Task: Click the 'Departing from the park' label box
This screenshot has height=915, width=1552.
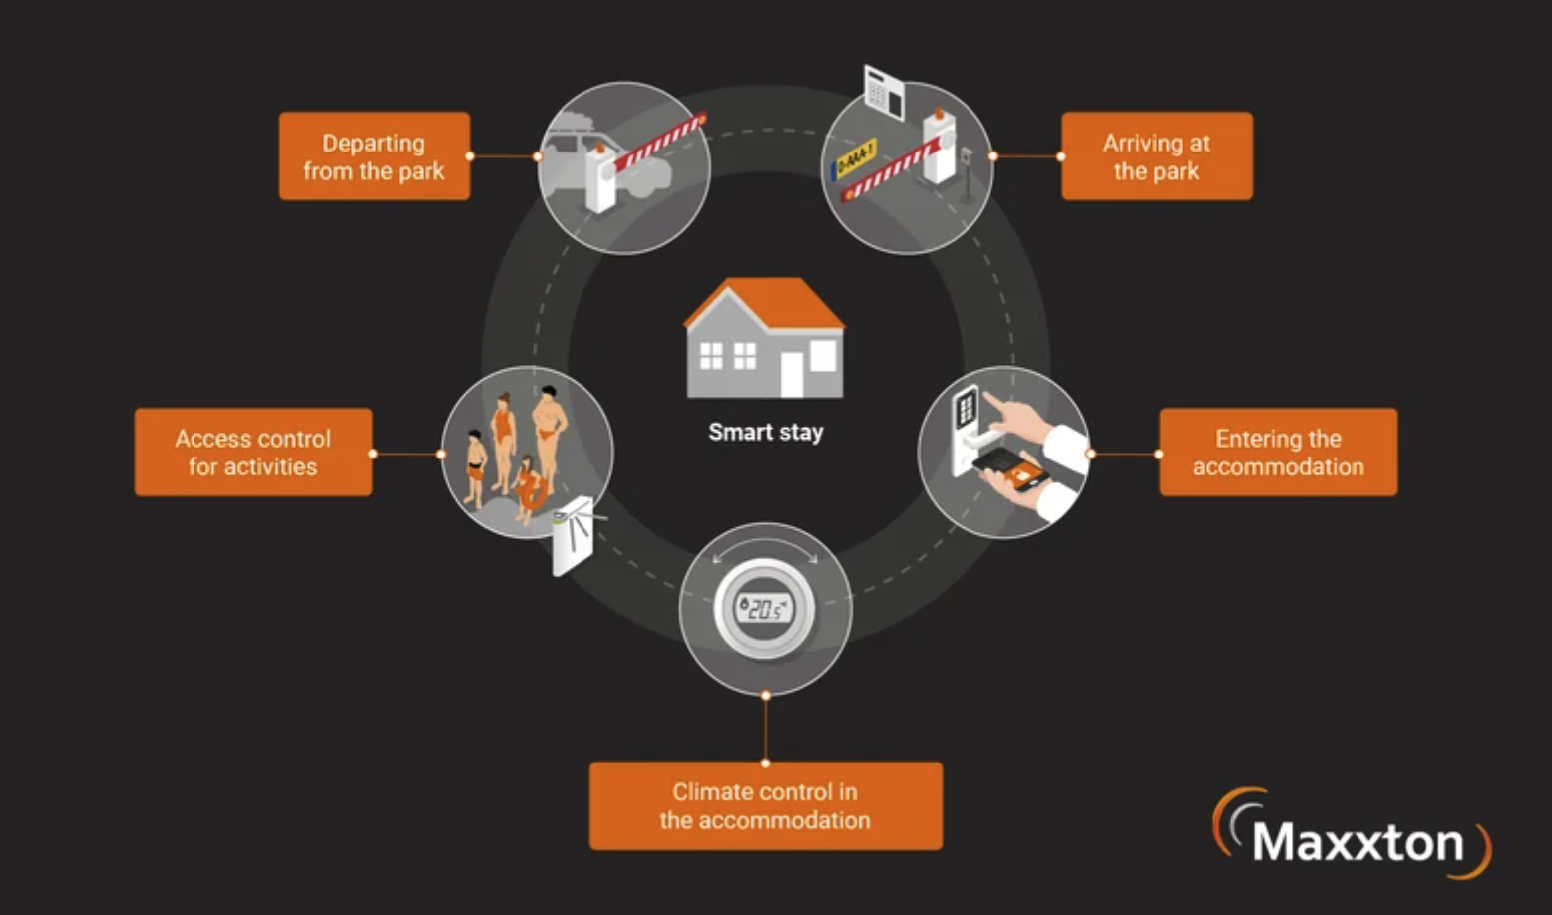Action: coord(374,156)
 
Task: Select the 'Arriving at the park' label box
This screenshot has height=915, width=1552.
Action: coord(1157,156)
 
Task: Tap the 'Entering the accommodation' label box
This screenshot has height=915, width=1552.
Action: coord(1279,452)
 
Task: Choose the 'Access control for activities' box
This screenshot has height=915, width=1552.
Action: coord(253,452)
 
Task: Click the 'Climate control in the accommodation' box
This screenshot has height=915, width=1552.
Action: coord(766,806)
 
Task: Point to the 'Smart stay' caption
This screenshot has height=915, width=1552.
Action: coord(766,432)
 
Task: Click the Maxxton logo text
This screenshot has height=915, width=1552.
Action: coord(1358,841)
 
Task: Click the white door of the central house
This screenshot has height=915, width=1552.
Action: coord(791,375)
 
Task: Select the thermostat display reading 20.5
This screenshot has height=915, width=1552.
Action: coord(765,608)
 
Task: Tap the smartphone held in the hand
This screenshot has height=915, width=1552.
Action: coord(1008,468)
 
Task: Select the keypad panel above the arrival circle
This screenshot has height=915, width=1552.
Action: coord(884,91)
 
